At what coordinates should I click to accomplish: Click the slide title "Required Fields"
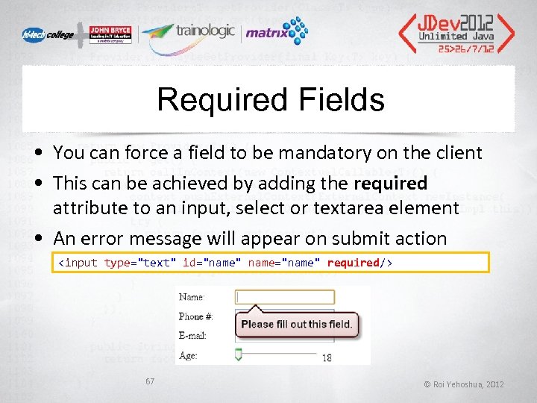[271, 100]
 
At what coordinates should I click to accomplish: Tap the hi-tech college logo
[47, 34]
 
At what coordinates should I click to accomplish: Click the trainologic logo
[186, 33]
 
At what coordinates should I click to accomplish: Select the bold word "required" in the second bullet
[391, 184]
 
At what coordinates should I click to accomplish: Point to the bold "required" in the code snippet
[353, 263]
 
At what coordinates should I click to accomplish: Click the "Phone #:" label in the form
[196, 317]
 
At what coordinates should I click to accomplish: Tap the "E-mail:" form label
[193, 337]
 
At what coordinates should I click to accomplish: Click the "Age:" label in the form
[189, 356]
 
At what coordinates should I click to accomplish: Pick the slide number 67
[150, 381]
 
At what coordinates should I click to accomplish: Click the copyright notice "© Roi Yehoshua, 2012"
[464, 384]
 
